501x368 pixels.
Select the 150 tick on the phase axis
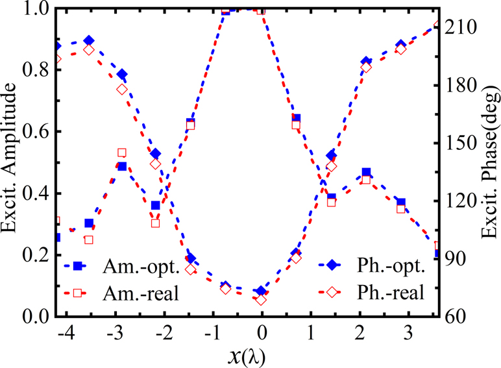tap(461, 143)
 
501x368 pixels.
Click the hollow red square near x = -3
tap(122, 153)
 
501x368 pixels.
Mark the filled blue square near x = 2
tap(367, 173)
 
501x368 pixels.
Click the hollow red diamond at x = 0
tap(262, 300)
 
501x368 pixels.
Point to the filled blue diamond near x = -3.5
tap(89, 41)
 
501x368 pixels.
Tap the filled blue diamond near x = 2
tap(367, 62)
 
